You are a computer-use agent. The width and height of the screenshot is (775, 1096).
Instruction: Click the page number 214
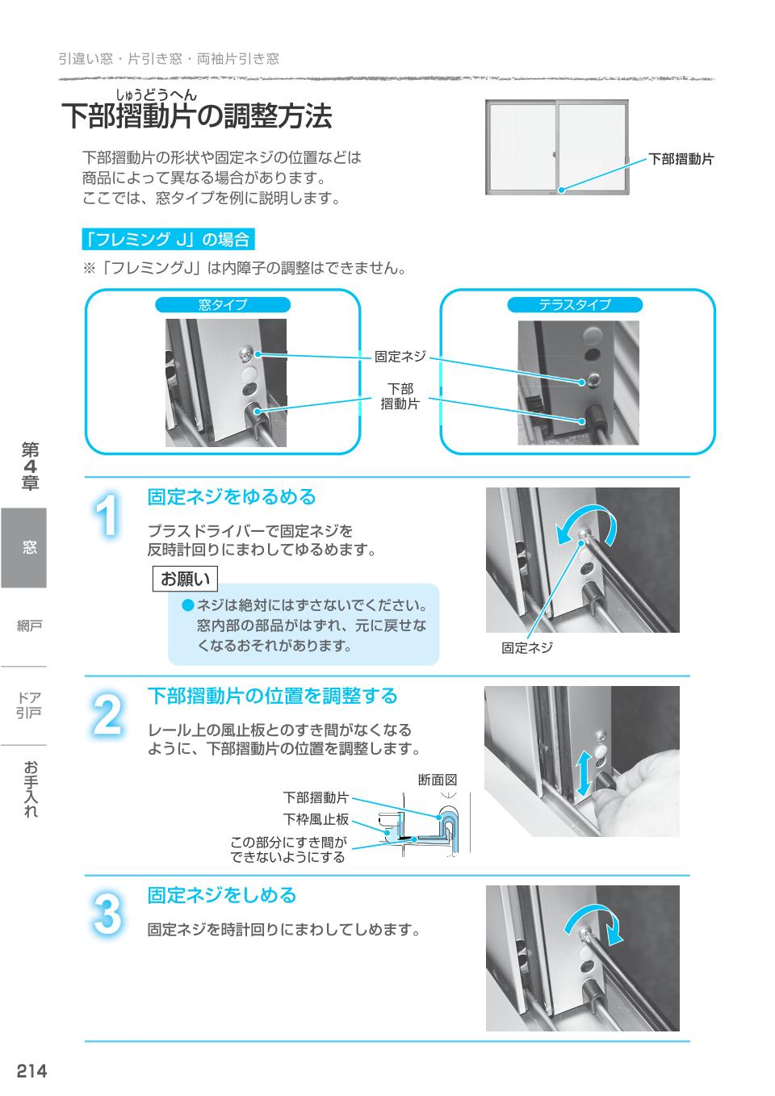[x=32, y=1071]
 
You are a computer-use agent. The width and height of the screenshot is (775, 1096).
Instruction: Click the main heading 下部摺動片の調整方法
[x=197, y=116]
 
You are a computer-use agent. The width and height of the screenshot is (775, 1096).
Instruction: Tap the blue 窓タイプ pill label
[x=223, y=305]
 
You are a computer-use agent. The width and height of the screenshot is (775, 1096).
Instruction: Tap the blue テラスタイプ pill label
[x=574, y=305]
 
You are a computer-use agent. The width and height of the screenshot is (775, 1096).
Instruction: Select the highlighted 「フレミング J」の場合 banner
[x=169, y=240]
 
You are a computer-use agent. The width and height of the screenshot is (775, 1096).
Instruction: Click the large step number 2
[x=107, y=714]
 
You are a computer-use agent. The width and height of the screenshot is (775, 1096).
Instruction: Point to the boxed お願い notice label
[x=186, y=579]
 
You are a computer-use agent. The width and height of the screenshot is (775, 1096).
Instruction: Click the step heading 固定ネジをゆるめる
[x=232, y=497]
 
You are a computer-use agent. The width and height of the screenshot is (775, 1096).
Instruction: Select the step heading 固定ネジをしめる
[x=222, y=895]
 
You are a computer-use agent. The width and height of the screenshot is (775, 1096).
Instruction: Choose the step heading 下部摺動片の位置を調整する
[x=272, y=696]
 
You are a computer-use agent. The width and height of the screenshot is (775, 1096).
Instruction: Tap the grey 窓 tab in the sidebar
[x=24, y=547]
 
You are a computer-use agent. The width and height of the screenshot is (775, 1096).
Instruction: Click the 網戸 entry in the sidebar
[x=29, y=625]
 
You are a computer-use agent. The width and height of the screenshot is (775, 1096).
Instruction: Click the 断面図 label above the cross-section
[x=438, y=780]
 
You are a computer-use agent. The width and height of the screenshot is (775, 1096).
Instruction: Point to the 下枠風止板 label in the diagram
[x=316, y=819]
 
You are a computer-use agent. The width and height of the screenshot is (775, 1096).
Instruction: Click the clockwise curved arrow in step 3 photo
[x=594, y=922]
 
